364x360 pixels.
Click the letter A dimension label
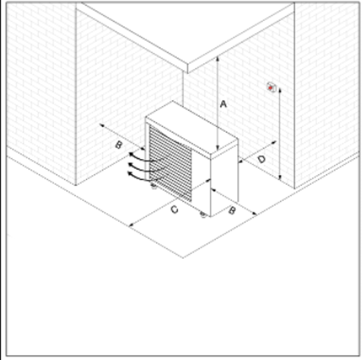tap(224, 104)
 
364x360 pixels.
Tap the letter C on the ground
tap(175, 209)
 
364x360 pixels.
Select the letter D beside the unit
tap(262, 159)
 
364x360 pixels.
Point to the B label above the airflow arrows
tap(119, 145)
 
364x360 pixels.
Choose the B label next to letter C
tap(232, 211)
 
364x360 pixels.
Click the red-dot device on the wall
tap(271, 87)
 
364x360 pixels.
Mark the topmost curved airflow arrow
tap(145, 158)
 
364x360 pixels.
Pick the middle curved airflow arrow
tap(145, 167)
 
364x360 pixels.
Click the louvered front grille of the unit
tap(171, 164)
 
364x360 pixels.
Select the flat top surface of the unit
tap(191, 127)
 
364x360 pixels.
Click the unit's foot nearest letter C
tap(203, 214)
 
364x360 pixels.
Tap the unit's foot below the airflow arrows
tap(153, 186)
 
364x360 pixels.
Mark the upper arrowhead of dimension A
tap(217, 59)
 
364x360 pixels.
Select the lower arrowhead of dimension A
tap(217, 148)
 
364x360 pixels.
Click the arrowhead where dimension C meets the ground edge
tap(131, 224)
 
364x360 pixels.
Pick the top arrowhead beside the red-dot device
tap(280, 90)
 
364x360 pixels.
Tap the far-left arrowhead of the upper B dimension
tap(102, 125)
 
